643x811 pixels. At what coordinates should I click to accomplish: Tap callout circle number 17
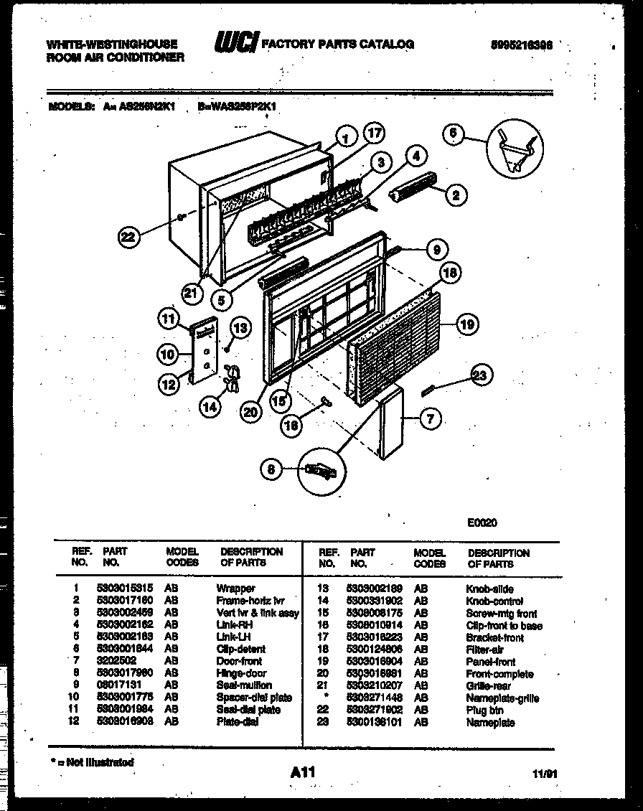(373, 133)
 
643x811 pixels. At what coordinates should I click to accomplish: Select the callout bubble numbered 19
(467, 325)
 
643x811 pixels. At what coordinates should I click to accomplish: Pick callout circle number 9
(436, 249)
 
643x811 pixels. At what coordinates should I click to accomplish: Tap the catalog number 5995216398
(523, 44)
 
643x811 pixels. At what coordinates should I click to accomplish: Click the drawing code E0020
(481, 522)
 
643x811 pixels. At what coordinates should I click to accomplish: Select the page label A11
(304, 773)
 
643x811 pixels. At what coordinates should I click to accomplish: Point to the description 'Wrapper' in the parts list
(235, 589)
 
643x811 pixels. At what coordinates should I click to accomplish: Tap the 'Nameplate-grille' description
(502, 698)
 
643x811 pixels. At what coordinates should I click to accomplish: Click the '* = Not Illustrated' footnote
(92, 762)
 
